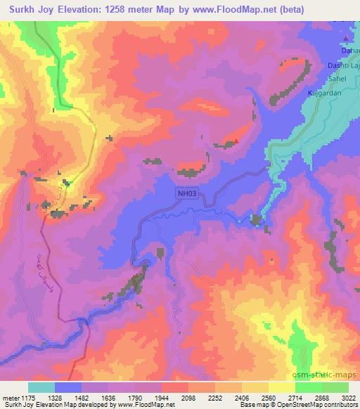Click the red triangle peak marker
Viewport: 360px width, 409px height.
point(236,141)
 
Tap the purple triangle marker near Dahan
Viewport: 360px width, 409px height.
point(347,38)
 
